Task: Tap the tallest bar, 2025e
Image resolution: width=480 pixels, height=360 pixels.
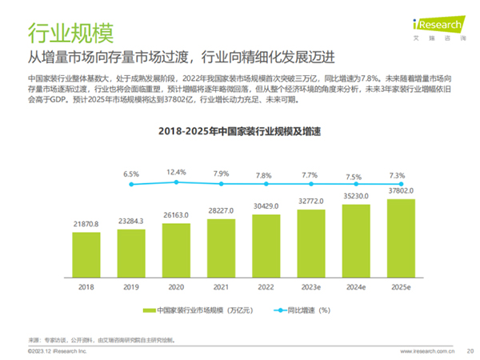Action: tap(400, 237)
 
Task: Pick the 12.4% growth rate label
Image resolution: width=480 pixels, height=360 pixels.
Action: tap(177, 171)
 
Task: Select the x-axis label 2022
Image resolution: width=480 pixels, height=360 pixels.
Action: tap(266, 285)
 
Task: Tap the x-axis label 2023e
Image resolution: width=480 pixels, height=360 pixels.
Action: tap(310, 285)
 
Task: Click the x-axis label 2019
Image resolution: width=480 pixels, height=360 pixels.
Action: tap(131, 285)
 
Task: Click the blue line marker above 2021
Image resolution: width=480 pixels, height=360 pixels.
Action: tap(221, 184)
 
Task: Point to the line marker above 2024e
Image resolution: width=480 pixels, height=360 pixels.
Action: tap(355, 185)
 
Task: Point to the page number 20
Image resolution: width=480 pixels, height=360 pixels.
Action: tap(470, 350)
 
